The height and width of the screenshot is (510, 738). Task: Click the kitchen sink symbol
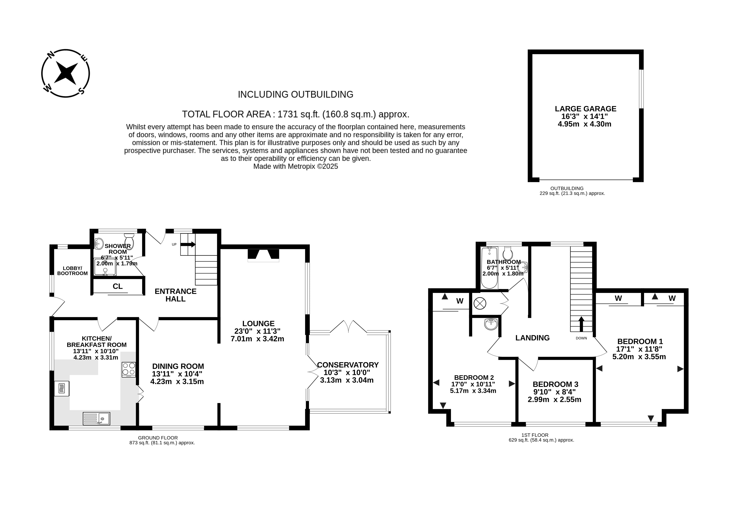(96, 418)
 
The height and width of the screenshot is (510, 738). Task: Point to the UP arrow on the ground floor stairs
(188, 244)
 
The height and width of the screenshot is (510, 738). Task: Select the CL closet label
(117, 286)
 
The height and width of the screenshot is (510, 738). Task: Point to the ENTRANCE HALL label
(175, 295)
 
